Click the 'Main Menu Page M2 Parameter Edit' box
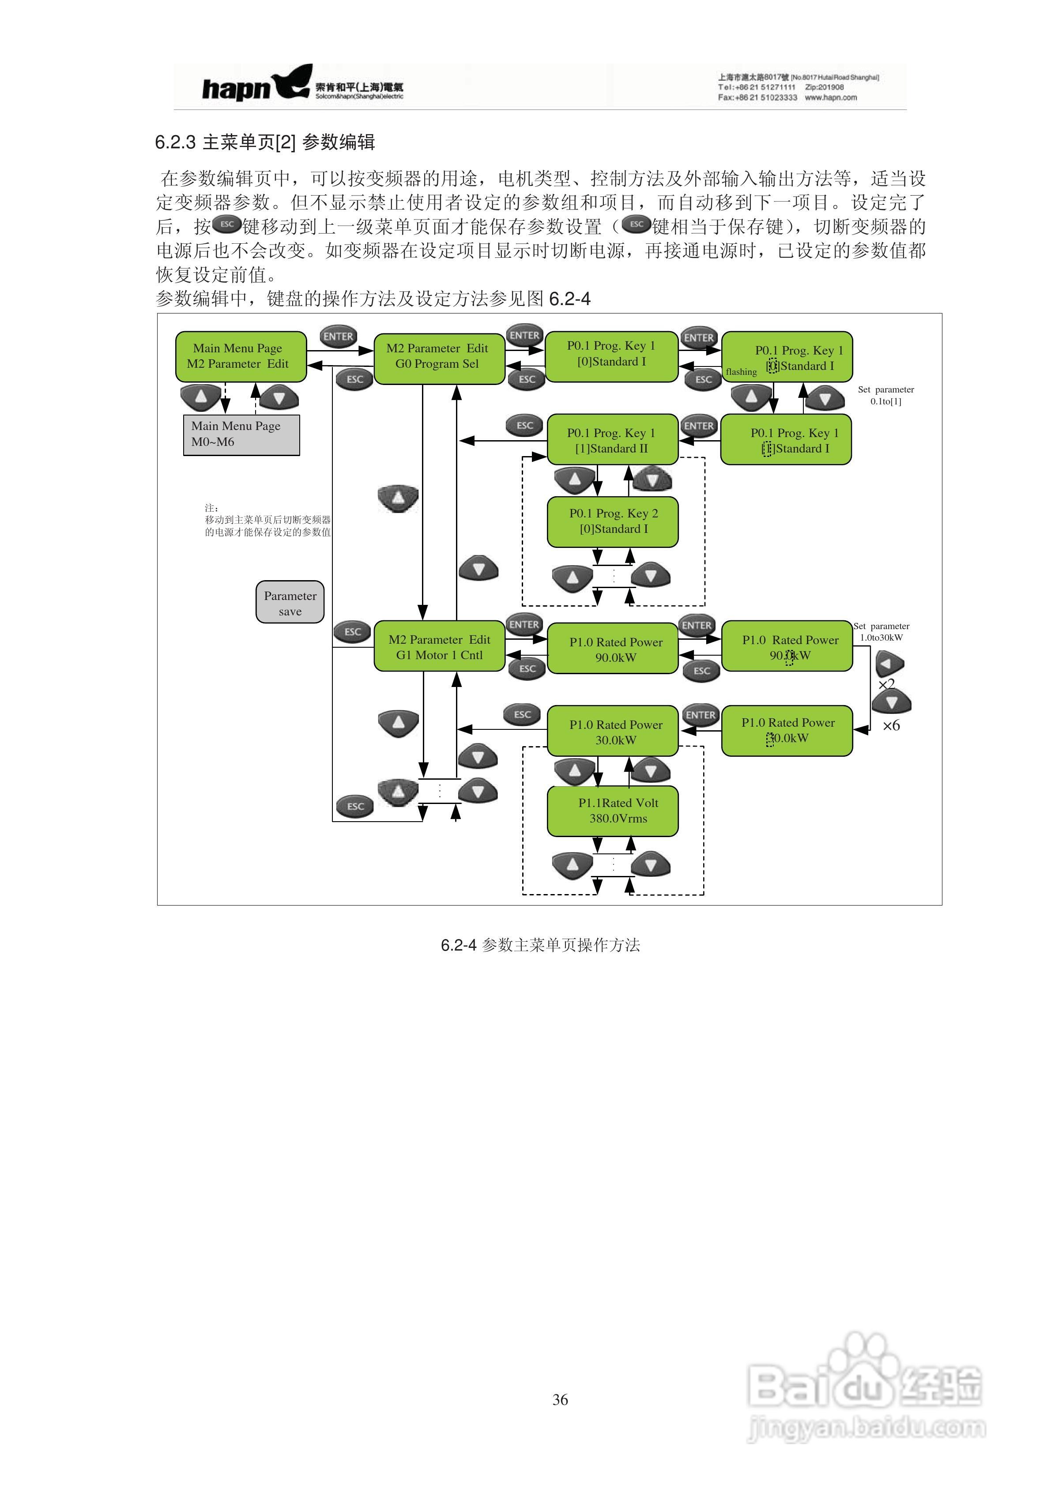pyautogui.click(x=240, y=356)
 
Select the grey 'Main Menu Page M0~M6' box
pyautogui.click(x=241, y=434)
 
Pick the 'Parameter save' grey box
pyautogui.click(x=290, y=602)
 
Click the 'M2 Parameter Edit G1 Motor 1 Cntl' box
pyautogui.click(x=439, y=647)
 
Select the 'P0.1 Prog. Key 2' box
pyautogui.click(x=613, y=521)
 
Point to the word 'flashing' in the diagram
pyautogui.click(x=741, y=372)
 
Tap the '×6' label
pyautogui.click(x=892, y=726)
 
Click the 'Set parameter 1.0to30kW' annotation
pyautogui.click(x=881, y=631)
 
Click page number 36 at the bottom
pyautogui.click(x=560, y=1400)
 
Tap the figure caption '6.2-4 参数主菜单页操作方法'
pyautogui.click(x=540, y=945)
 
